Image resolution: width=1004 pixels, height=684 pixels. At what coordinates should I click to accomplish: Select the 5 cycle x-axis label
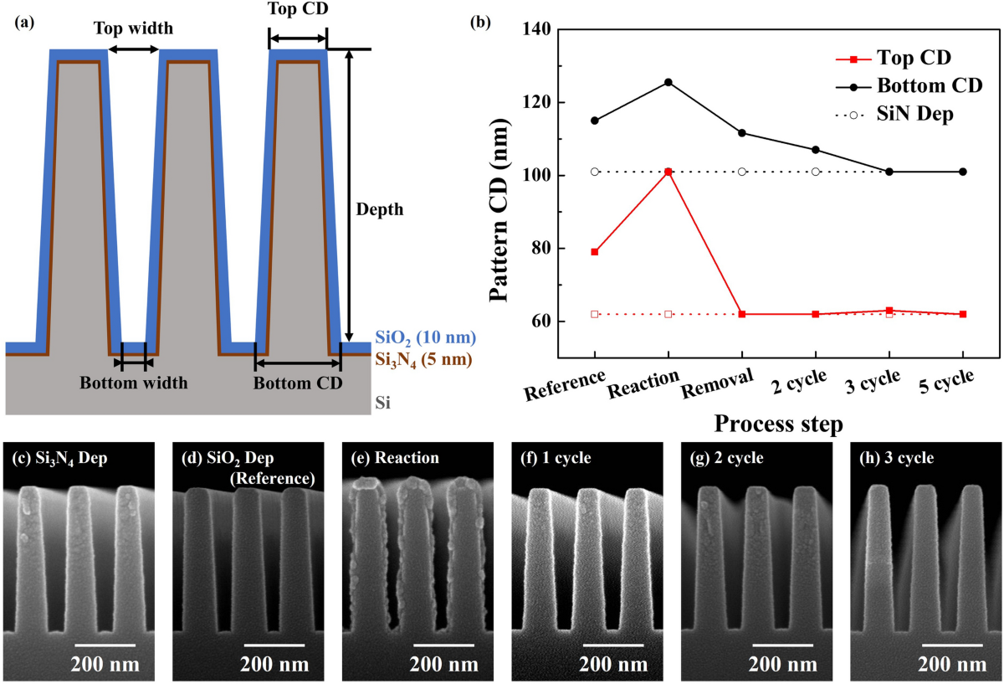(x=945, y=388)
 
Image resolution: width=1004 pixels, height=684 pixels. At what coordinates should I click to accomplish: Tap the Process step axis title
(x=778, y=424)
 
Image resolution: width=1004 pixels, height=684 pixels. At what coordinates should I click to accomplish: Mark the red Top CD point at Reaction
(x=668, y=172)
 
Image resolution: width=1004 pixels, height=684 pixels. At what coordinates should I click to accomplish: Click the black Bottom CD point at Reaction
(x=668, y=82)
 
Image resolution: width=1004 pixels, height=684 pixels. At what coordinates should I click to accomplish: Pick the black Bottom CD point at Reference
(x=595, y=121)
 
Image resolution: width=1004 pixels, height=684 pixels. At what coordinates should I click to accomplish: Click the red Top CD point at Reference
(x=595, y=252)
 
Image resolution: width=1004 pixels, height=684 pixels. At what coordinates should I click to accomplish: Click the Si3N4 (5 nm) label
(x=423, y=361)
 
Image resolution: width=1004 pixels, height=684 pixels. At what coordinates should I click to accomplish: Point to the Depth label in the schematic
(x=379, y=209)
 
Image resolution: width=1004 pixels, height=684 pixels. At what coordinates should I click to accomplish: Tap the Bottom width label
(x=134, y=384)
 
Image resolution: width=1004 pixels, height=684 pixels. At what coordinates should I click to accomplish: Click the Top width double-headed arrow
(x=134, y=49)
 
